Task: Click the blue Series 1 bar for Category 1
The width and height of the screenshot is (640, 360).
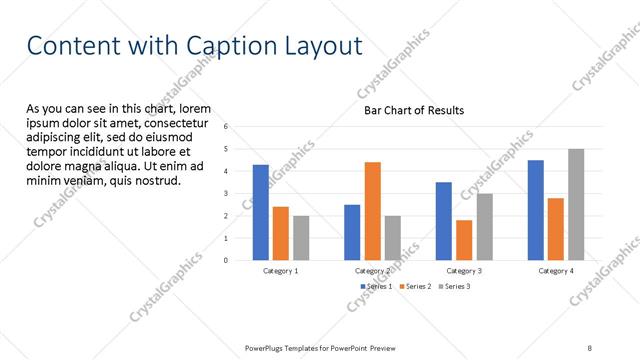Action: point(260,212)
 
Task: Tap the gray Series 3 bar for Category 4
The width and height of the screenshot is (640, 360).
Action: point(576,204)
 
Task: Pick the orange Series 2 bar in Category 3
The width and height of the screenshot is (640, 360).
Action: point(464,240)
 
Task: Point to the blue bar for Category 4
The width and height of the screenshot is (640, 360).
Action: point(536,210)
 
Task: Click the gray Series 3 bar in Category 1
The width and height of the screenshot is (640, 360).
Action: point(301,238)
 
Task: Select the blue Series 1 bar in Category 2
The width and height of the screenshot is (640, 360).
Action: point(352,232)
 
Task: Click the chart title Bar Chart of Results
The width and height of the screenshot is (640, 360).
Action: point(413,110)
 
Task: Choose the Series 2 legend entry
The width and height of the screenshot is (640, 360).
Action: point(413,286)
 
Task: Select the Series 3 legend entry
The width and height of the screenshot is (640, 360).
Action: point(452,286)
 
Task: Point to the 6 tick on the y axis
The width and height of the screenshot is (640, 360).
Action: point(226,127)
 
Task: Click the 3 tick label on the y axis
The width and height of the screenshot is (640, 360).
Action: point(226,194)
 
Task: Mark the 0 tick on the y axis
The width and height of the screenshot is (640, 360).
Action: point(226,260)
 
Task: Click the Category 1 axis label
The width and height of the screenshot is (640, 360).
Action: point(280,271)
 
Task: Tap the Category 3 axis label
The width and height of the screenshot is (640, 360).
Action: point(464,271)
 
